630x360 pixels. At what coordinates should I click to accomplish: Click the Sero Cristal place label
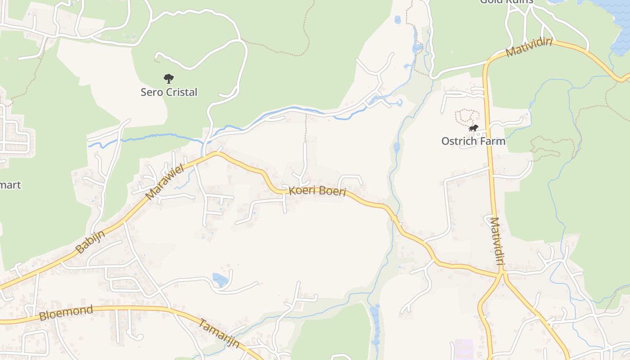pyautogui.click(x=169, y=92)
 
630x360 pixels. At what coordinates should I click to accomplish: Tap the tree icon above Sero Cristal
pyautogui.click(x=169, y=79)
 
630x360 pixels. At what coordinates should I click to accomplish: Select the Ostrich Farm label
pyautogui.click(x=473, y=141)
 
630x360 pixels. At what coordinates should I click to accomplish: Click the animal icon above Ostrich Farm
pyautogui.click(x=473, y=128)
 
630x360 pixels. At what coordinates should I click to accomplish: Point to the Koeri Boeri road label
pyautogui.click(x=317, y=191)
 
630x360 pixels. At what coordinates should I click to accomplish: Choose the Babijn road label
pyautogui.click(x=90, y=242)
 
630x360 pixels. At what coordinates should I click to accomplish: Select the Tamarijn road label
pyautogui.click(x=219, y=333)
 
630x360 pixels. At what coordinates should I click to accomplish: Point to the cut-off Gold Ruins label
pyautogui.click(x=506, y=1)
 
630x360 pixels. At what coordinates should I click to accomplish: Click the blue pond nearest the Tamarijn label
pyautogui.click(x=220, y=280)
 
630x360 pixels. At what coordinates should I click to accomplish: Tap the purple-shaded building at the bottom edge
pyautogui.click(x=463, y=350)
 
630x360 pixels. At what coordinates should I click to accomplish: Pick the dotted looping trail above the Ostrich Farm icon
pyautogui.click(x=465, y=116)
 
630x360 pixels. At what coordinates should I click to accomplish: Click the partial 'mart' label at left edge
pyautogui.click(x=10, y=185)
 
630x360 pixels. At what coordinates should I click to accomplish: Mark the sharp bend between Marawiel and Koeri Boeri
pyautogui.click(x=217, y=153)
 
